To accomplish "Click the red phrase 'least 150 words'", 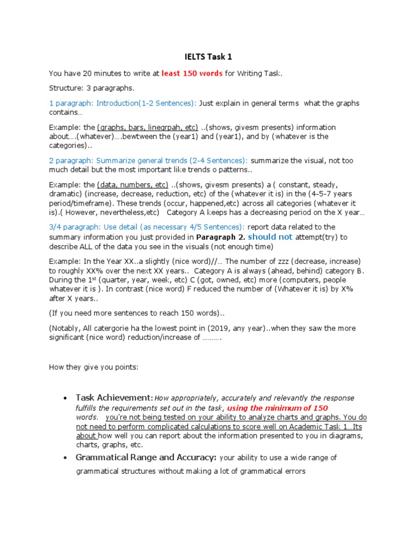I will pos(192,74).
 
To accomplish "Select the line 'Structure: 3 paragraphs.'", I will pos(91,88).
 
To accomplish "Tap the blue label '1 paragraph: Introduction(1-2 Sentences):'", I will pos(123,103).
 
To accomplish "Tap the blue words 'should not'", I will pos(270,237).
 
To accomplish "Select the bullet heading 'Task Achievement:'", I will pos(115,398).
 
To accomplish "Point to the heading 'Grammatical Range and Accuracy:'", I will pos(146,458).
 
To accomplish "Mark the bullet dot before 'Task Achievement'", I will pos(65,399).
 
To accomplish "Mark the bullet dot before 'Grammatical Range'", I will pos(65,459).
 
